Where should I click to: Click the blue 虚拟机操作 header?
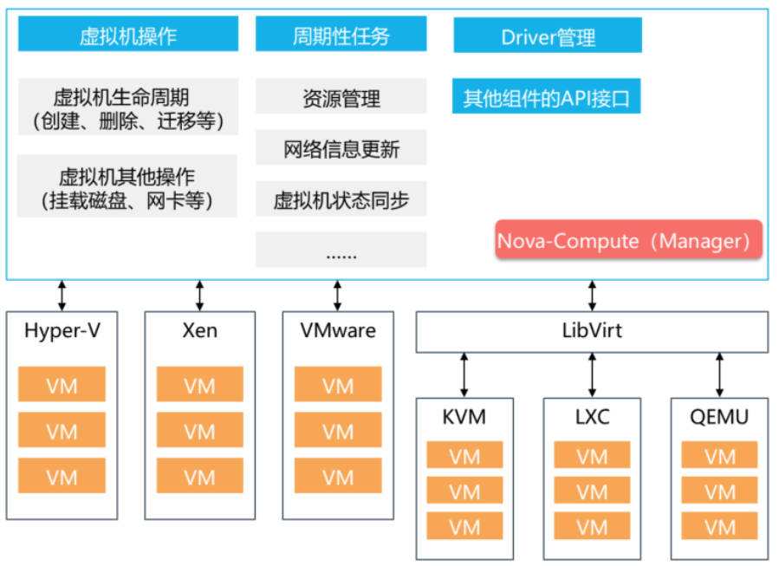click(x=127, y=35)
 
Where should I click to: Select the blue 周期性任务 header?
click(x=341, y=35)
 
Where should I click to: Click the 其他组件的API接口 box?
click(x=547, y=97)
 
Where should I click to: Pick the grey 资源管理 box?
click(x=341, y=97)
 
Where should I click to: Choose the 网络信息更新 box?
click(x=341, y=148)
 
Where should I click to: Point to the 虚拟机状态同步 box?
click(x=341, y=200)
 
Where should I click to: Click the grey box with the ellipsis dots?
click(x=341, y=251)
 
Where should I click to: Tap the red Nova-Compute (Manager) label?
click(x=628, y=240)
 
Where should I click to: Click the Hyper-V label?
click(x=62, y=330)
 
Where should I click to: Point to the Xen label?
click(x=199, y=330)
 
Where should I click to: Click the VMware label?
click(x=337, y=330)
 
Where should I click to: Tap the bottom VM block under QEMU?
click(x=719, y=526)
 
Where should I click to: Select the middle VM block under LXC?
click(x=592, y=491)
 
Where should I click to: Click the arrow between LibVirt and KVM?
click(x=464, y=374)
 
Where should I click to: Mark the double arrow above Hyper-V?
click(x=62, y=295)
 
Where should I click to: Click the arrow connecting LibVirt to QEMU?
click(x=719, y=374)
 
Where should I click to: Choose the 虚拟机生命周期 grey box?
click(x=127, y=107)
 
